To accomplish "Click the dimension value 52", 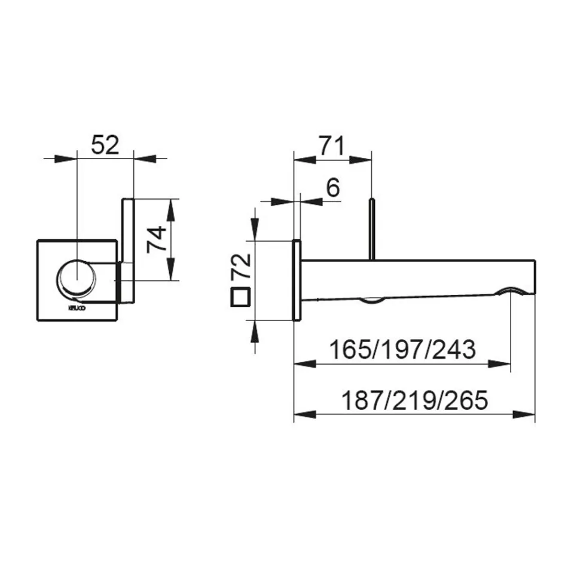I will [106, 145].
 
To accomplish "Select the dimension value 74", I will [154, 239].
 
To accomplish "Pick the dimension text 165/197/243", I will [404, 349].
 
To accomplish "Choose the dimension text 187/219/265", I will [414, 399].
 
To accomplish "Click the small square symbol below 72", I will [240, 298].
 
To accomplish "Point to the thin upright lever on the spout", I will [372, 230].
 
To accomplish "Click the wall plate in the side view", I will [295, 281].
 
